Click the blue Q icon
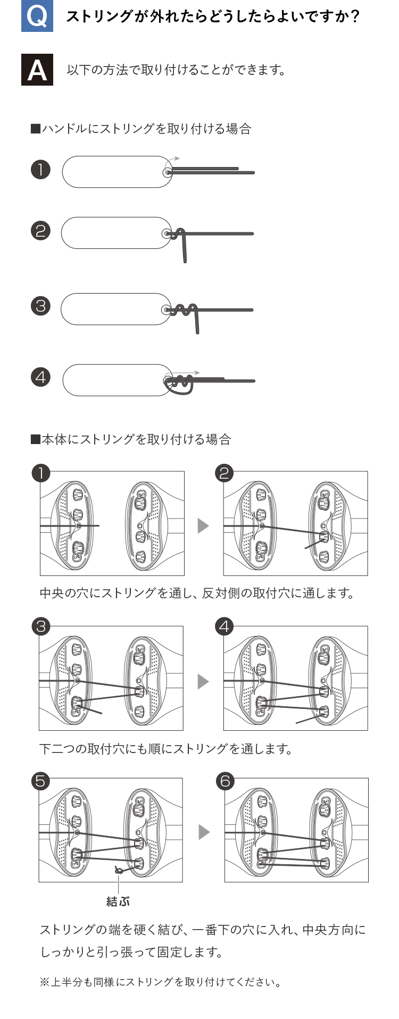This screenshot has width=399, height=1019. pyautogui.click(x=37, y=16)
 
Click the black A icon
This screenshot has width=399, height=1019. pyautogui.click(x=37, y=70)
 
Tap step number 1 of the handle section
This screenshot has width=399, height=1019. pyautogui.click(x=40, y=170)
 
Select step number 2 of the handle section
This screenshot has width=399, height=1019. pyautogui.click(x=40, y=231)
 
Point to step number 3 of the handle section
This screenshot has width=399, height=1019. pyautogui.click(x=40, y=306)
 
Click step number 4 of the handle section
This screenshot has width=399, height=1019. pyautogui.click(x=40, y=378)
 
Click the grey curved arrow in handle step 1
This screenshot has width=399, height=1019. pyautogui.click(x=173, y=160)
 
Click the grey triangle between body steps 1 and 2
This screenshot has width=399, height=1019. pyautogui.click(x=203, y=525)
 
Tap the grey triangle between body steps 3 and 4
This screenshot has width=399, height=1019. pyautogui.click(x=203, y=681)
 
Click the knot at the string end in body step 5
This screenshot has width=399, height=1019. pyautogui.click(x=119, y=871)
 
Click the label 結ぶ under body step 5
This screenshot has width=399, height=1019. pyautogui.click(x=118, y=901)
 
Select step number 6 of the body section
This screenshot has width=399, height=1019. pyautogui.click(x=225, y=781)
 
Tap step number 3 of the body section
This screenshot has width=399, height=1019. pyautogui.click(x=41, y=626)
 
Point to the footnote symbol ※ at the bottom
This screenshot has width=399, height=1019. pyautogui.click(x=44, y=982)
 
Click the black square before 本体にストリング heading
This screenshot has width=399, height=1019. pyautogui.click(x=36, y=439)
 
